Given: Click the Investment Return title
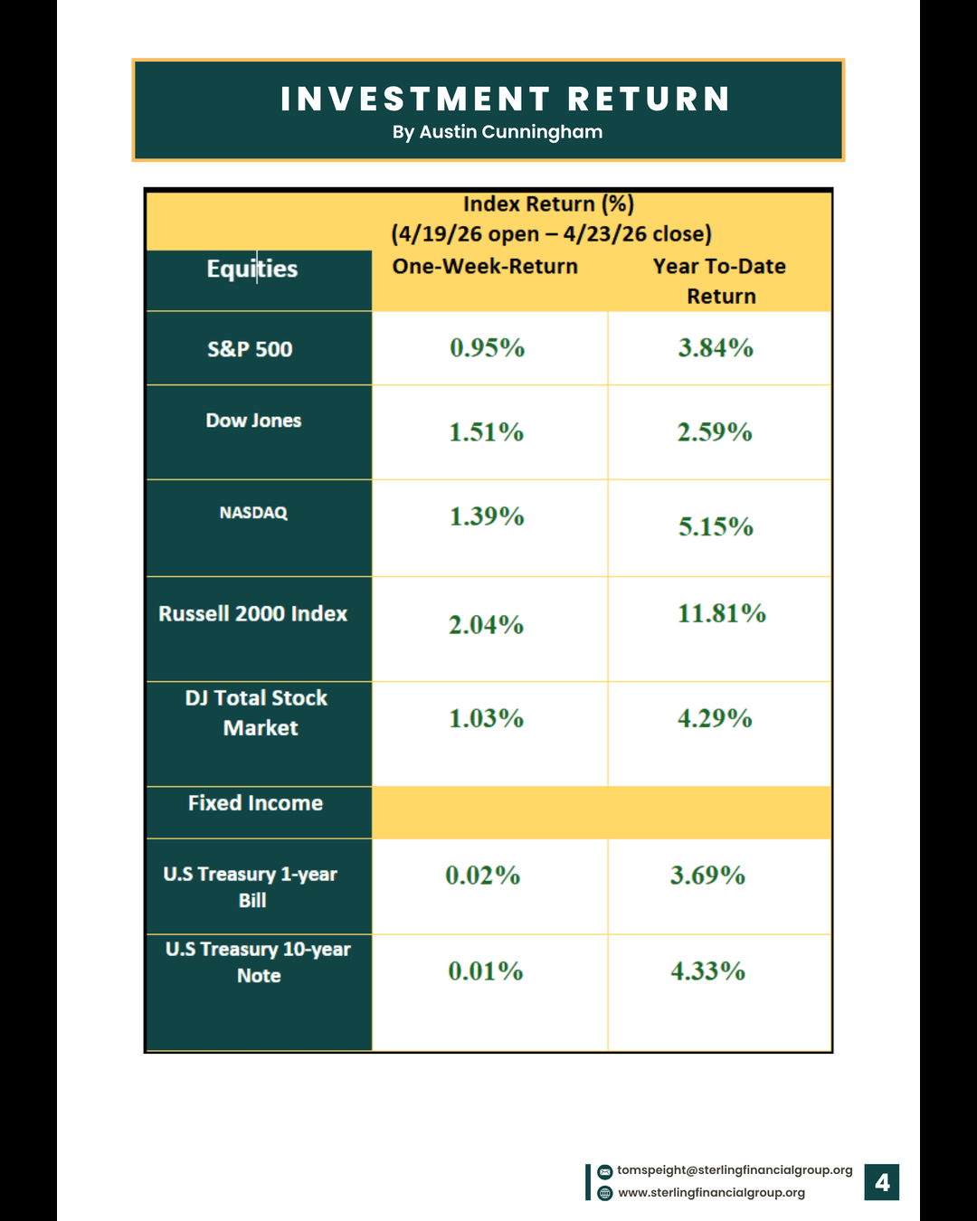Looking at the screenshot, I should [506, 99].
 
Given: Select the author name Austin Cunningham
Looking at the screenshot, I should [497, 132].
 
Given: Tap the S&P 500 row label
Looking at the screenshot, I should [250, 349].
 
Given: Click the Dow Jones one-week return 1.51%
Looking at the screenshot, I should [487, 432].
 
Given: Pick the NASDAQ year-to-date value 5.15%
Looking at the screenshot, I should [716, 526].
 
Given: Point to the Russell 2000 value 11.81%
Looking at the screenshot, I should [722, 613].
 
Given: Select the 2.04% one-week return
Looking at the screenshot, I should [487, 625].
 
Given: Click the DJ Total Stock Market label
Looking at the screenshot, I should [257, 713].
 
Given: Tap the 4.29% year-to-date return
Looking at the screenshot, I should [715, 718].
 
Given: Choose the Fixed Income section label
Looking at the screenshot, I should [255, 803].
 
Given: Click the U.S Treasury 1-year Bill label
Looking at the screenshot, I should [251, 886].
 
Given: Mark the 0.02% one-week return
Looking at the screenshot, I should [483, 876].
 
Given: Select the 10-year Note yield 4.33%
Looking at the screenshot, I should [707, 971].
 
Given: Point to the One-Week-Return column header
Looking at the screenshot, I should [485, 267].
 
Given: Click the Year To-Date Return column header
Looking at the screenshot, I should [720, 280].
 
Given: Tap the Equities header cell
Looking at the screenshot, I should [251, 269].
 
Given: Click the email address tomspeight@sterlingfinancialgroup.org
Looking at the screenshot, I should [735, 1170].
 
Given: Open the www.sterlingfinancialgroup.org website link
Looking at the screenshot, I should [711, 1193].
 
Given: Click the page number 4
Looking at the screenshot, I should [882, 1182].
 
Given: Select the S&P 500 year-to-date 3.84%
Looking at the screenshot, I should [716, 348].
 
